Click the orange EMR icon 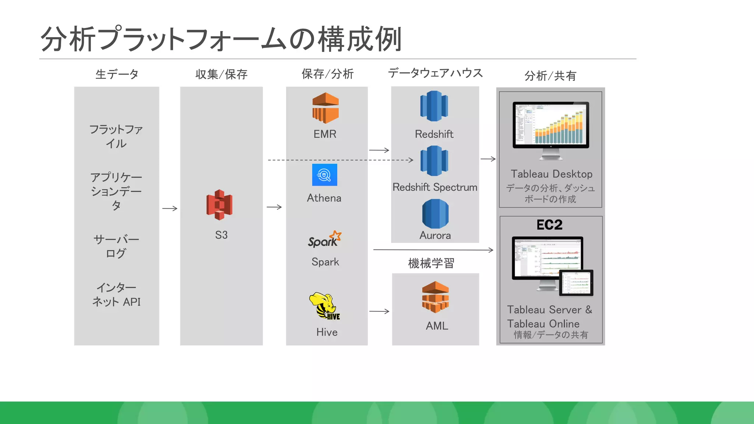tap(325, 108)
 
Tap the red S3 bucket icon tap(219, 205)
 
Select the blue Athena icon tap(324, 175)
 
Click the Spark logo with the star tap(325, 239)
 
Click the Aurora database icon tap(435, 214)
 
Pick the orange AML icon tap(436, 297)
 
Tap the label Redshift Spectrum tap(435, 187)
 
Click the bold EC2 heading tap(549, 225)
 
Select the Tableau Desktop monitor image tap(551, 129)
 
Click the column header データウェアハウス tap(435, 73)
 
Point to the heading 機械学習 tap(431, 263)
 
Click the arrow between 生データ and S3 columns tap(170, 208)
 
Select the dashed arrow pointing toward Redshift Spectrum tap(341, 160)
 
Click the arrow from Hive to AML tap(379, 311)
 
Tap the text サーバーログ tap(116, 246)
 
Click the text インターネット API tap(116, 294)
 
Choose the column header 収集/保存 tap(221, 74)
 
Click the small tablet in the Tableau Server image tap(576, 283)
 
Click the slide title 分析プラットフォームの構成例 tap(221, 39)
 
